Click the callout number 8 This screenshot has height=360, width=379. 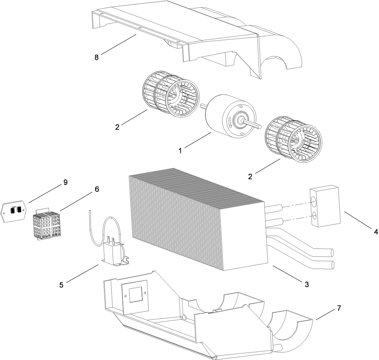(97, 57)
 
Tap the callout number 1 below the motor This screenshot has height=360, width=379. (180, 151)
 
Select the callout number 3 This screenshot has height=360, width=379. (306, 284)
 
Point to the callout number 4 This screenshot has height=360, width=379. (376, 232)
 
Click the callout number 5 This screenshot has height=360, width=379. (61, 285)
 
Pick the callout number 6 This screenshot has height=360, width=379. (97, 189)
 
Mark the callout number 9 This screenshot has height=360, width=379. (65, 182)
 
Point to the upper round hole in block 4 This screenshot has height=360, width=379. (314, 201)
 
